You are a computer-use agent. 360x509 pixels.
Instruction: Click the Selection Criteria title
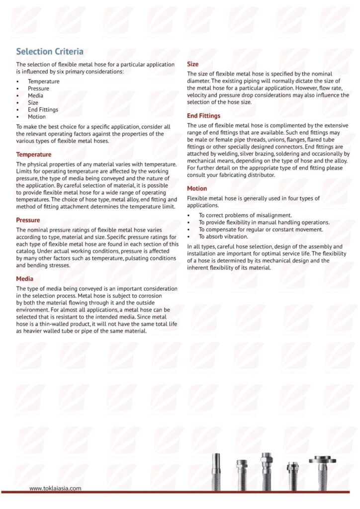50,52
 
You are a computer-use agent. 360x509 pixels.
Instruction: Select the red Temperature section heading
34,155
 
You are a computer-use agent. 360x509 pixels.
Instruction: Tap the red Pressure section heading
28,220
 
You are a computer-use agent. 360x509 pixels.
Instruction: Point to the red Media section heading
25,279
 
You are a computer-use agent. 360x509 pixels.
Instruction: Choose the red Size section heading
192,64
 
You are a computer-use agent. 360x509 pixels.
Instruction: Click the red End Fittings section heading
204,116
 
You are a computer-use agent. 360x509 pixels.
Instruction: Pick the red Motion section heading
197,188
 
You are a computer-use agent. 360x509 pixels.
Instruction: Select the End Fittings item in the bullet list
43,110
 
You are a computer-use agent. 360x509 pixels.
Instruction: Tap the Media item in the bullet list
35,95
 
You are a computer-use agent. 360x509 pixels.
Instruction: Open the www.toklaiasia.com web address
55,489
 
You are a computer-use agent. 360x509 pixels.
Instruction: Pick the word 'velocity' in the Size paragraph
198,95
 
